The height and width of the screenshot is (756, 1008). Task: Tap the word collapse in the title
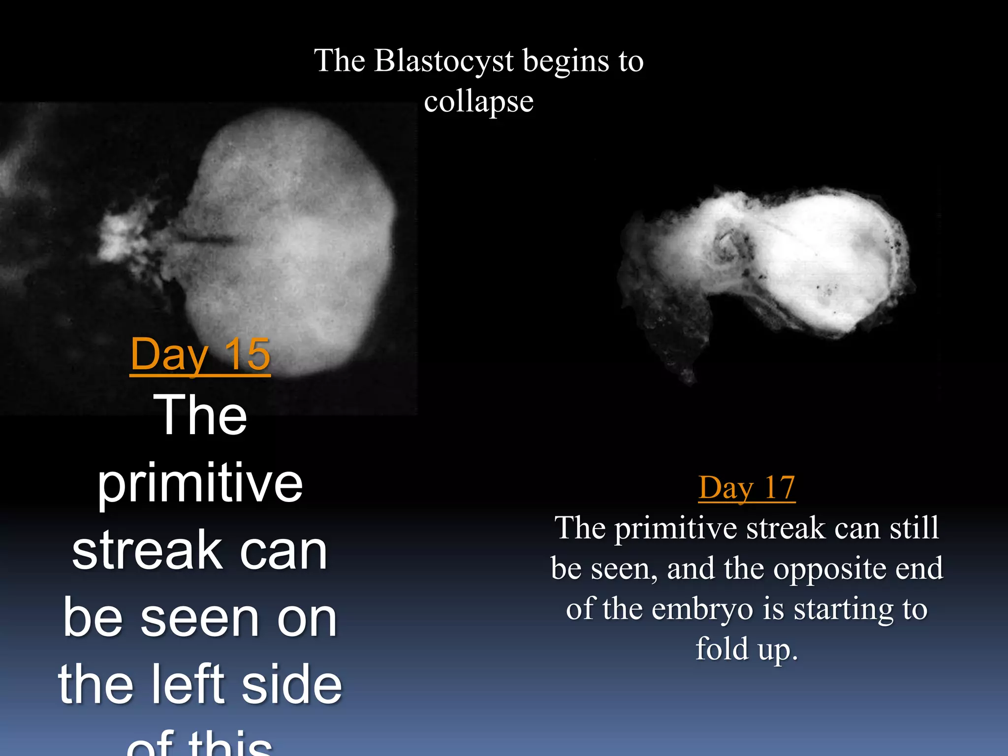(478, 101)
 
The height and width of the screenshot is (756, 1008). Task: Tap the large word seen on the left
(199, 618)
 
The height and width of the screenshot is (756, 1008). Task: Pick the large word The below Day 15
(200, 416)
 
